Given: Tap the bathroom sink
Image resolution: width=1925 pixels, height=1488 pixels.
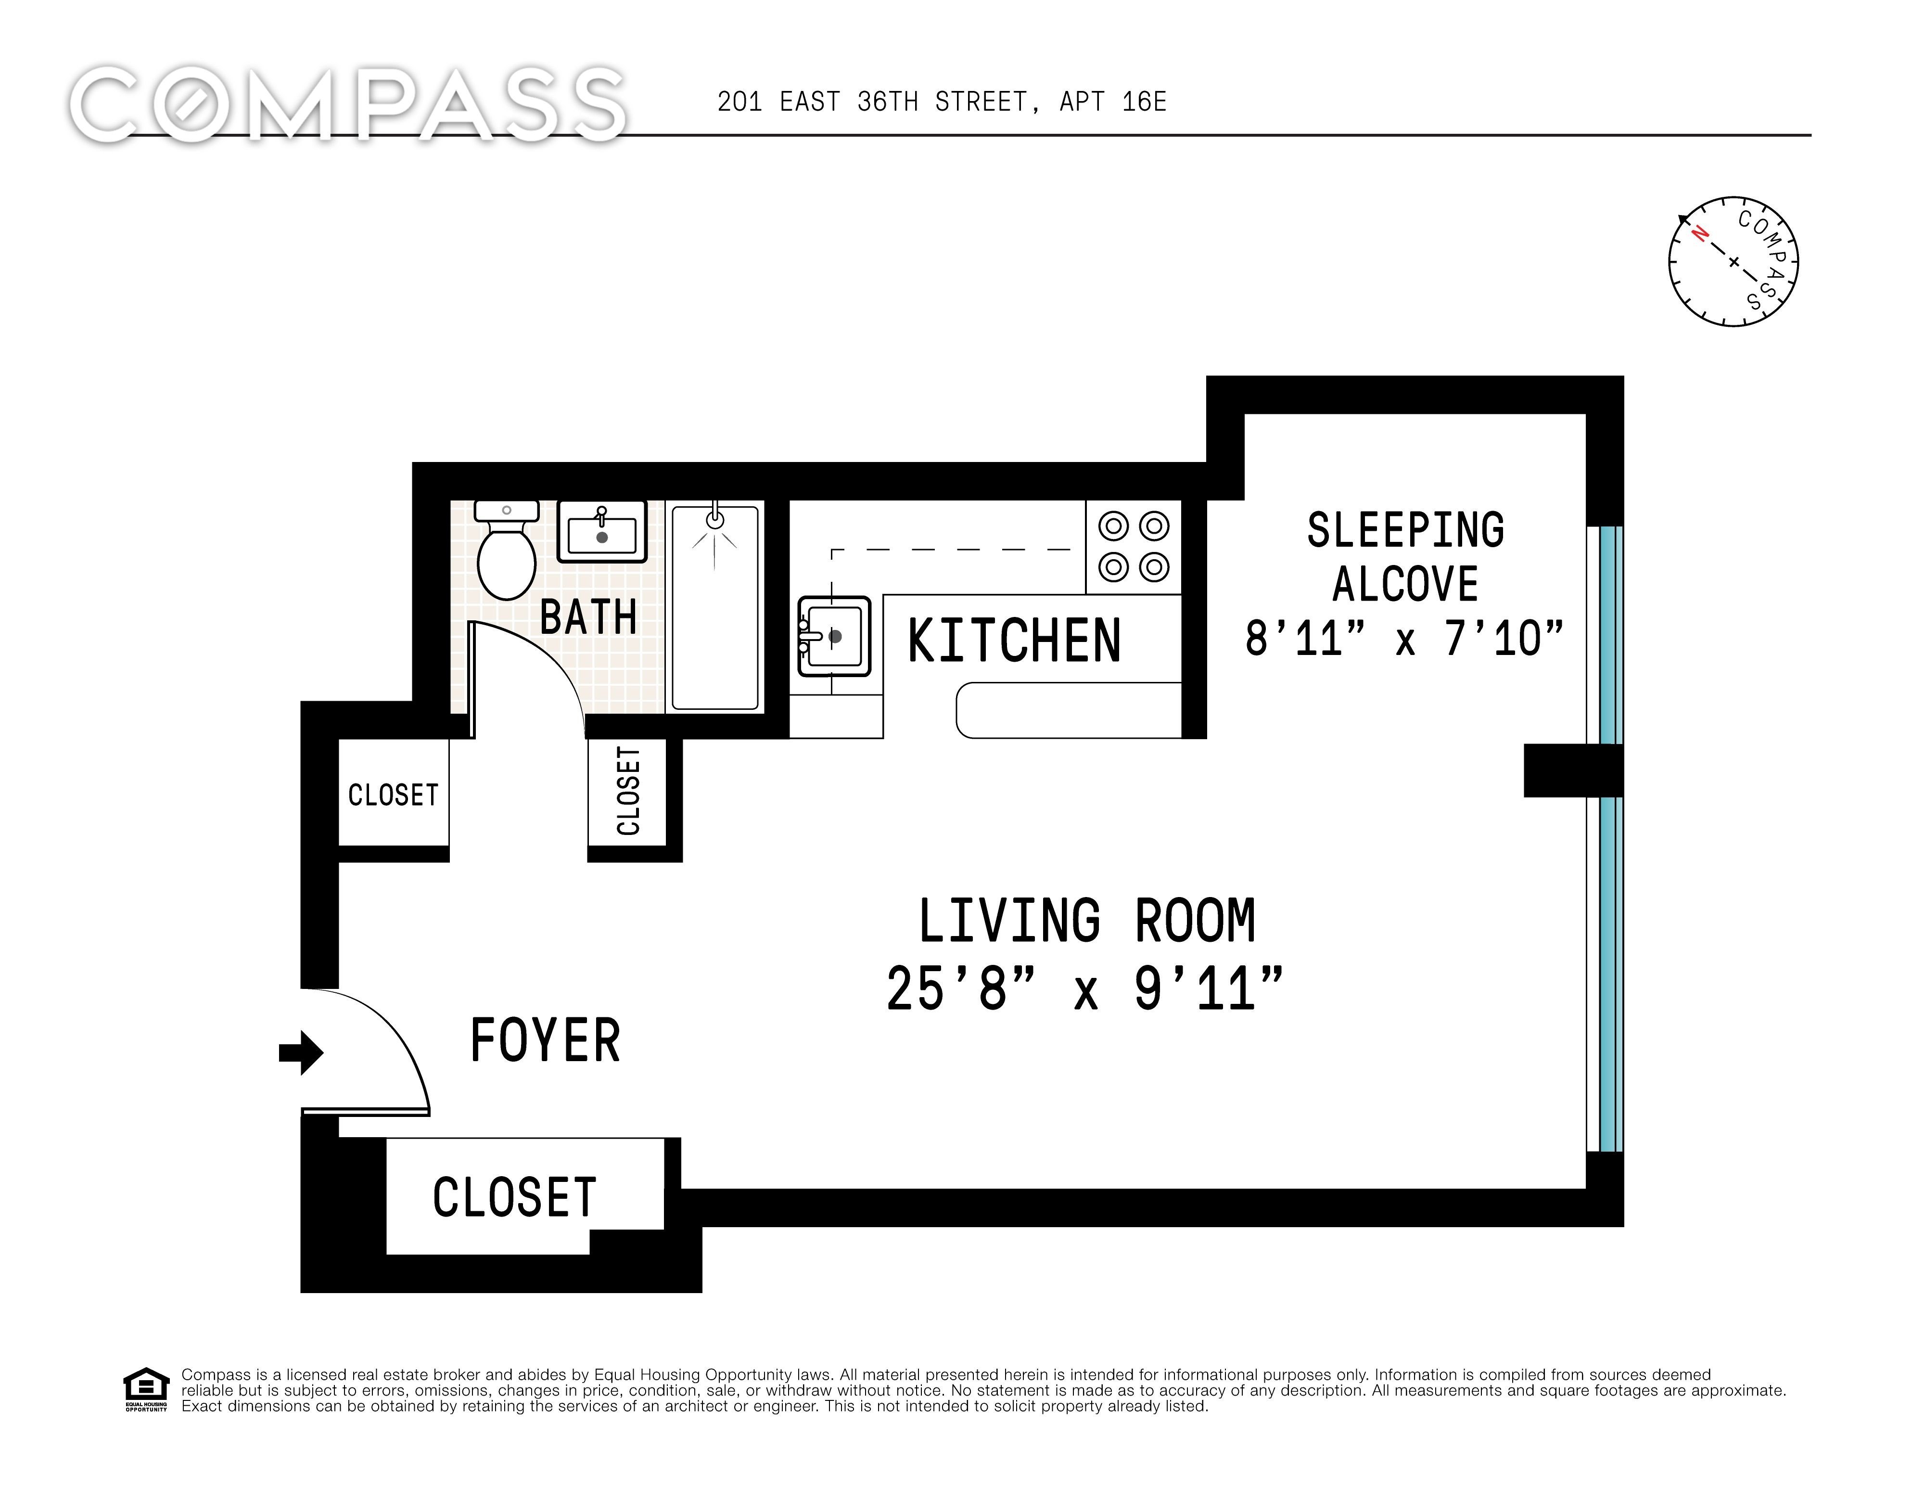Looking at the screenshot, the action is point(602,532).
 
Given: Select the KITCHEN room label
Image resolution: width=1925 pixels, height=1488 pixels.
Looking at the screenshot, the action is point(1014,641).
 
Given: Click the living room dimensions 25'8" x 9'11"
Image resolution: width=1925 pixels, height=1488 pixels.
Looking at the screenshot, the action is point(1084,989).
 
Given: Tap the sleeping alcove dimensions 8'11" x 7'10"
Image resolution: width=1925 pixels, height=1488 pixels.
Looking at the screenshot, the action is point(1404,638).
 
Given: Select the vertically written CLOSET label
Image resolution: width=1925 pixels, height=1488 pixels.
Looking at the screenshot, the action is point(628,791).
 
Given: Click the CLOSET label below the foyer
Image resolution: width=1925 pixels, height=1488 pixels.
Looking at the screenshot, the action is point(515,1197).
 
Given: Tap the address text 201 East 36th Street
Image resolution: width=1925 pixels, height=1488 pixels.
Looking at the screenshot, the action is point(873,102).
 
